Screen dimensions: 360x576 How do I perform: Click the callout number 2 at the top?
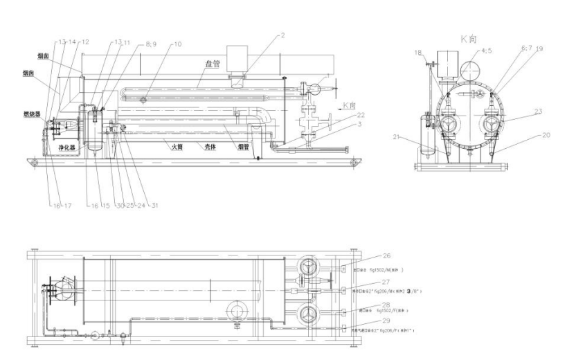282,35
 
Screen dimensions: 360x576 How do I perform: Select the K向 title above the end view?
474,39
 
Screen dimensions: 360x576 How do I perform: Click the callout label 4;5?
487,51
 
